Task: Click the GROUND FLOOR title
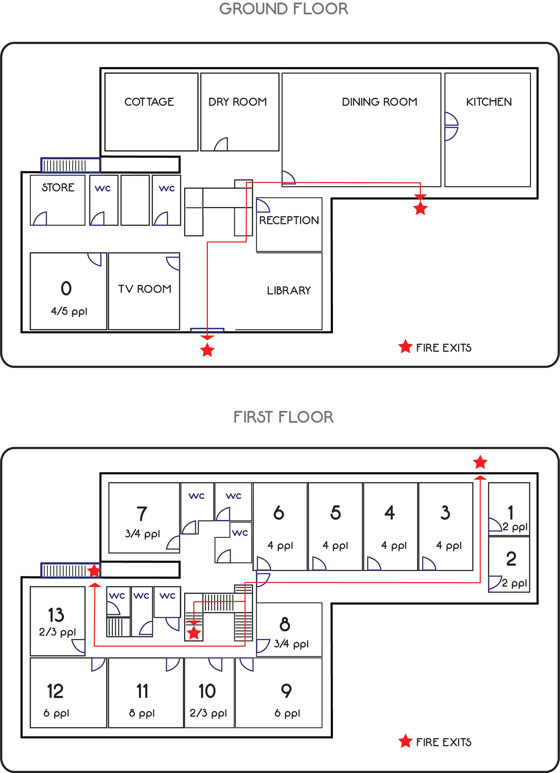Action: click(x=284, y=9)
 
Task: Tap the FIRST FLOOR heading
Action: click(x=284, y=417)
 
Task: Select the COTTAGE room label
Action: click(x=149, y=102)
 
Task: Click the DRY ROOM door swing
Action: click(x=221, y=144)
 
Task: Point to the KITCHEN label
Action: click(x=489, y=102)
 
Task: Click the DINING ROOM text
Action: click(x=380, y=102)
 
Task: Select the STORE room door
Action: click(x=40, y=218)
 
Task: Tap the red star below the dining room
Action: click(x=420, y=208)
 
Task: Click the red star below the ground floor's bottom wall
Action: click(x=207, y=350)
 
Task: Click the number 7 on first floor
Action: click(x=142, y=514)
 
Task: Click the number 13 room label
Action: click(x=56, y=615)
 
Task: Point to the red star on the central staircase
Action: click(x=194, y=633)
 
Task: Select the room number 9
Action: click(x=286, y=691)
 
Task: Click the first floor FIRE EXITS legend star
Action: click(x=405, y=741)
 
